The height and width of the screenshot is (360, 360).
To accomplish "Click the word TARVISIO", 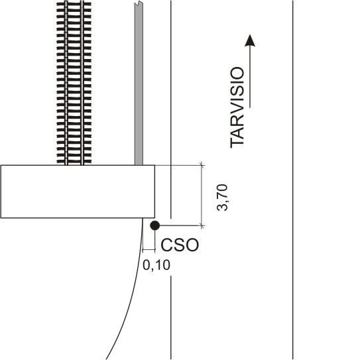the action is pyautogui.click(x=237, y=107).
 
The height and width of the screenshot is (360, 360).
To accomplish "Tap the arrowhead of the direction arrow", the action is pyautogui.click(x=250, y=40).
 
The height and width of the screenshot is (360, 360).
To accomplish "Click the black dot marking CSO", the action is pyautogui.click(x=154, y=225).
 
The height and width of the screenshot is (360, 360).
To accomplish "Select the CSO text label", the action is pyautogui.click(x=180, y=245).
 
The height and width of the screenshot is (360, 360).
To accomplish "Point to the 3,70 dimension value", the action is pyautogui.click(x=222, y=198).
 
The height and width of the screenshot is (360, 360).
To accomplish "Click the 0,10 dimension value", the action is pyautogui.click(x=156, y=265).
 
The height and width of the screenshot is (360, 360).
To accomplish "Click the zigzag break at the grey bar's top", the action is pyautogui.click(x=139, y=3).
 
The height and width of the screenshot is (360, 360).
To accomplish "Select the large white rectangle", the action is pyautogui.click(x=78, y=192).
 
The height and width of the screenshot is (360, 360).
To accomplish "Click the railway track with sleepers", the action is pyautogui.click(x=74, y=83).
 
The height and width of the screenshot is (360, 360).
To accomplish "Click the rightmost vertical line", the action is pyautogui.click(x=293, y=180).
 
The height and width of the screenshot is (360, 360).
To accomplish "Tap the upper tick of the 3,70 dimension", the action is pyautogui.click(x=202, y=165).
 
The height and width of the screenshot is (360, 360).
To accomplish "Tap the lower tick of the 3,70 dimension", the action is pyautogui.click(x=202, y=225).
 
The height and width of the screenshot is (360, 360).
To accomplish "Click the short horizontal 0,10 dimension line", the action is pyautogui.click(x=149, y=249).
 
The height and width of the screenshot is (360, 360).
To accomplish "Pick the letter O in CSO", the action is pyautogui.click(x=192, y=245).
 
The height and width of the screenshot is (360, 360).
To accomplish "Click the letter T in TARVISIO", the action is pyautogui.click(x=237, y=143).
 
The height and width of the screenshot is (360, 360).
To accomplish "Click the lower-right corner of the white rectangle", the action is pyautogui.click(x=154, y=218).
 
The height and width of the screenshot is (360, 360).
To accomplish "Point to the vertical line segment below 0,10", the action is pyautogui.click(x=171, y=318).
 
